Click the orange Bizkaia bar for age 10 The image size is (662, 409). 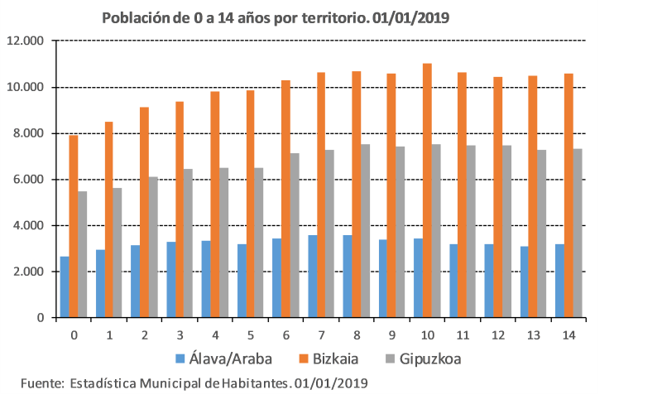click(x=428, y=190)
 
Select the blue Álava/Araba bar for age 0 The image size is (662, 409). click(x=65, y=286)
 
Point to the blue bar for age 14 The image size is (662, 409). click(x=559, y=281)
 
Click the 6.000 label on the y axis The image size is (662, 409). click(x=28, y=180)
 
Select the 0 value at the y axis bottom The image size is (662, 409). click(x=39, y=318)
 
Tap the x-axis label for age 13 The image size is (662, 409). click(x=533, y=334)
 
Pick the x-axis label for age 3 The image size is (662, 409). click(x=180, y=334)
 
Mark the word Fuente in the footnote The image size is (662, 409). click(x=41, y=384)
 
